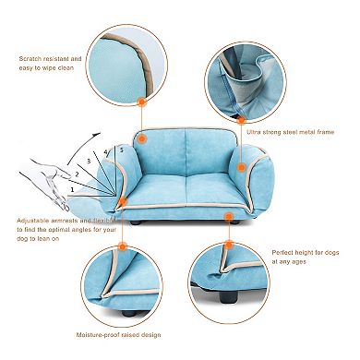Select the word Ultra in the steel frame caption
point(255,132)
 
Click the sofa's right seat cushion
point(202,194)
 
